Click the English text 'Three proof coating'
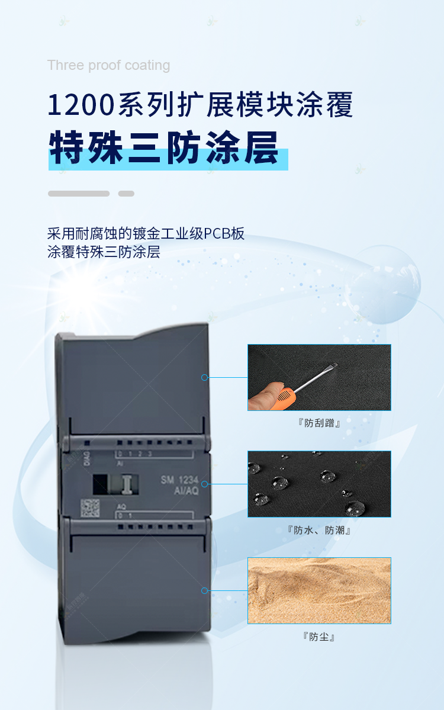(x=108, y=65)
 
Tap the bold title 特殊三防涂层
(x=164, y=148)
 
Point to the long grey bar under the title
(x=79, y=194)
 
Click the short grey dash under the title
(x=126, y=194)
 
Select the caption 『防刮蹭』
(x=319, y=423)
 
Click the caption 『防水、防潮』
(x=319, y=530)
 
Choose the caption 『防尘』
(x=319, y=637)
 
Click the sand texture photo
(x=319, y=590)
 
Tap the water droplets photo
(x=319, y=484)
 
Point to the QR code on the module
(x=90, y=508)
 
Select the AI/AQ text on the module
(x=185, y=491)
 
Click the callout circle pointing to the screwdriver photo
(x=205, y=377)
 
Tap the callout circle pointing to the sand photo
(x=205, y=590)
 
